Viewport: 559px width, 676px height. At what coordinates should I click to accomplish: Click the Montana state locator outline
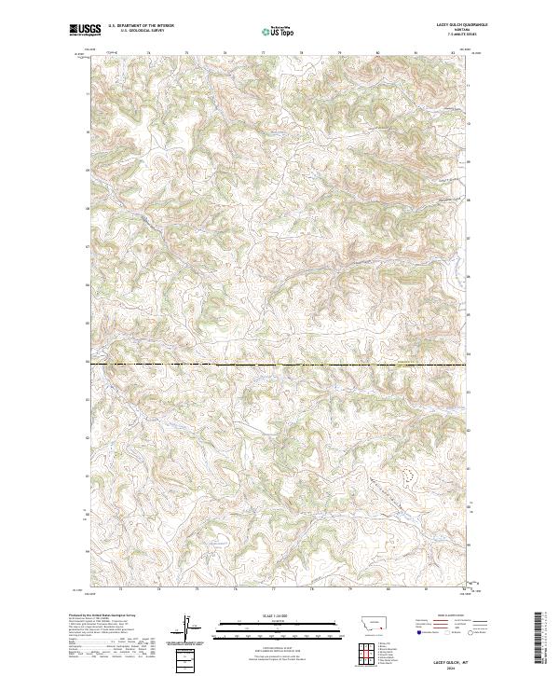pyautogui.click(x=367, y=621)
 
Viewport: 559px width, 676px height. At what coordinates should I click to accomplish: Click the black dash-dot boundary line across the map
pyautogui.click(x=279, y=365)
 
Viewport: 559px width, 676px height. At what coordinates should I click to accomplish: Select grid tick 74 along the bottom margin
pyautogui.click(x=159, y=590)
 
